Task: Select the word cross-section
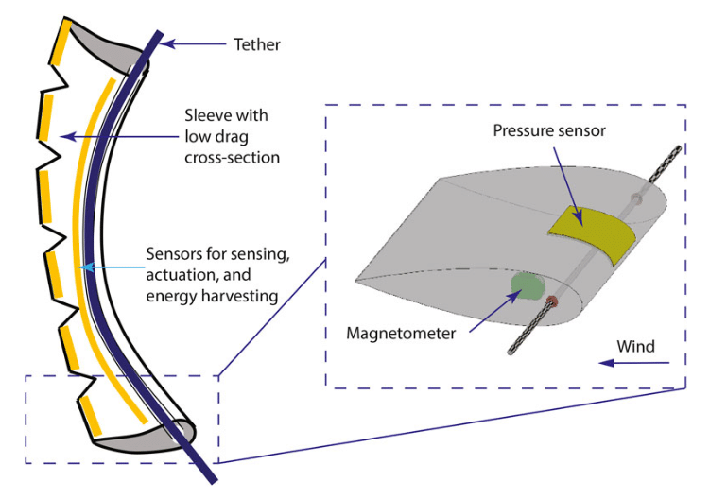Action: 233,158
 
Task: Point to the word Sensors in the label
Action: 172,255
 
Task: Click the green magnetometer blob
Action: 526,286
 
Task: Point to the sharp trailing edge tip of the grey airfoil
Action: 357,280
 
